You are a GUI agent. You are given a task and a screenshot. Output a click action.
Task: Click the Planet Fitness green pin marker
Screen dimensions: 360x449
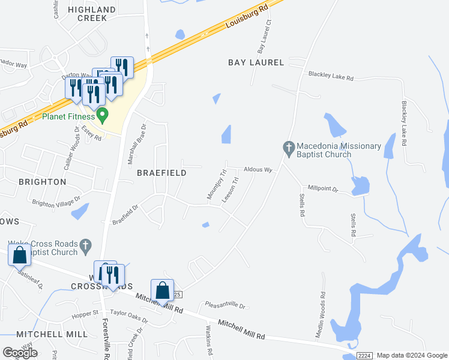(x=103, y=114)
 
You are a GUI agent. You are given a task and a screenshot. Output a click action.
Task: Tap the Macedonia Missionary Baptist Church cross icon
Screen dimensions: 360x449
(x=289, y=147)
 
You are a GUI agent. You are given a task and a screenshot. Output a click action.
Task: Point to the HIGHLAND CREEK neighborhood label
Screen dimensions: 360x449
(x=92, y=14)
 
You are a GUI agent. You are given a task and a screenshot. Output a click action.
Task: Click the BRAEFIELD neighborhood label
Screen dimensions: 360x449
(x=161, y=173)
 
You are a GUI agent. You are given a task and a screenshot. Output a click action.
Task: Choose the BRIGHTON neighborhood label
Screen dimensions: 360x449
(x=42, y=182)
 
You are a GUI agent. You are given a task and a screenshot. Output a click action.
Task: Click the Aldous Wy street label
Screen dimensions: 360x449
(x=258, y=170)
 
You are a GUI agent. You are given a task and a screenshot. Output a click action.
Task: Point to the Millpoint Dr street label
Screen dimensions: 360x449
(x=323, y=189)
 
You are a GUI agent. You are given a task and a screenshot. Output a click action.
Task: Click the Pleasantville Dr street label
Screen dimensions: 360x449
(x=226, y=306)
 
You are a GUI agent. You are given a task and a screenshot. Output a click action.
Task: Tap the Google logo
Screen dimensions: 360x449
(x=20, y=352)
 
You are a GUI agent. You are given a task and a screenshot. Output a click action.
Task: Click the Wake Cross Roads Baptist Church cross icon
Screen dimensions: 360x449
(x=86, y=245)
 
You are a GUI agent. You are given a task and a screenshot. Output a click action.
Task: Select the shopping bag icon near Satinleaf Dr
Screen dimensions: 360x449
(x=19, y=254)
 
